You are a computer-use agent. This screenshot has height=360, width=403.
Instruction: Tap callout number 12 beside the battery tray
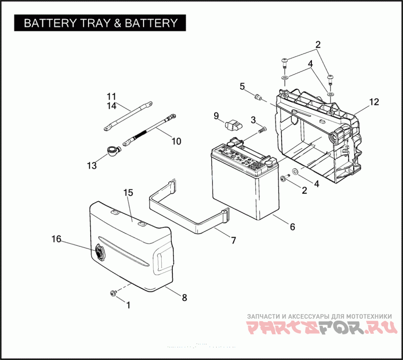click(373, 102)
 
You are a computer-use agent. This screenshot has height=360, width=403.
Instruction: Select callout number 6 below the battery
click(292, 227)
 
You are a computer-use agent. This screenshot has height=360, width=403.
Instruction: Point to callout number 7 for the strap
click(233, 241)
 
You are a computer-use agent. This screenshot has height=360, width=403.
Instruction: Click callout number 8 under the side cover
click(184, 297)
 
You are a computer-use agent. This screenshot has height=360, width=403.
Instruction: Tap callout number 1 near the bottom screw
click(128, 305)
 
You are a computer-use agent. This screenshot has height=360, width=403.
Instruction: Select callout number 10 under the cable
click(176, 142)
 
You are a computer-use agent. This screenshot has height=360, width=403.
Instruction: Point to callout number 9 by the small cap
click(216, 116)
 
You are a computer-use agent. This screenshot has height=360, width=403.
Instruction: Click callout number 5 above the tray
click(242, 87)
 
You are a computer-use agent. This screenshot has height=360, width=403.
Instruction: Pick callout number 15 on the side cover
click(128, 193)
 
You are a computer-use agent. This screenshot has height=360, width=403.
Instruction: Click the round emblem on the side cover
click(99, 251)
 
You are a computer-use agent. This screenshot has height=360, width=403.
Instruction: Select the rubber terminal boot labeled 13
click(113, 150)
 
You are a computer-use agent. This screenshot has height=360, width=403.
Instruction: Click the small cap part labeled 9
click(234, 124)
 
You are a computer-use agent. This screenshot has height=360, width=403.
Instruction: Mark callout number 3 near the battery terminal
click(253, 119)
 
